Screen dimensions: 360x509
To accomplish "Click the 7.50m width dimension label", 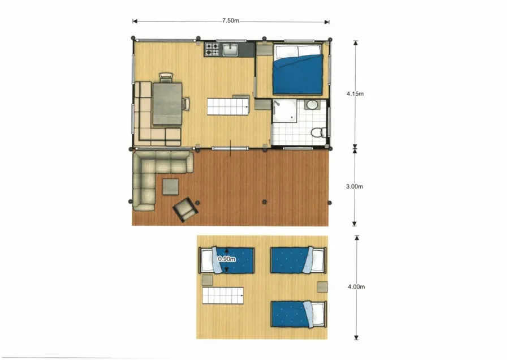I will (231, 21).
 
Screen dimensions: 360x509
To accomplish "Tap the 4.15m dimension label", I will (356, 93).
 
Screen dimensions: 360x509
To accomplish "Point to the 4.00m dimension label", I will (356, 286).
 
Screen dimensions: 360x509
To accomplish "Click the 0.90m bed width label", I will (226, 260).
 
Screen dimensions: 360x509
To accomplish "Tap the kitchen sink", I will (230, 50).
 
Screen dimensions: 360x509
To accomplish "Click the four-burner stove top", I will (212, 49).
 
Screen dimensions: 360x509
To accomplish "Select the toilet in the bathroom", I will (318, 132).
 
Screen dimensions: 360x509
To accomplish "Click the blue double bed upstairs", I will (298, 72).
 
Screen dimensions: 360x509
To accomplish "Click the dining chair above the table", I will (165, 77).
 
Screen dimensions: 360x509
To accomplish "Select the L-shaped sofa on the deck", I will (153, 173).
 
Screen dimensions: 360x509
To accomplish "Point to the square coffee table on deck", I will (170, 186).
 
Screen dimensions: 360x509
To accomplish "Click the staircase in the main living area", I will (228, 106).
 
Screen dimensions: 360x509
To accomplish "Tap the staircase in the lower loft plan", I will (223, 295).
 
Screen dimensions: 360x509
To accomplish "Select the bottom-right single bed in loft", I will (298, 314).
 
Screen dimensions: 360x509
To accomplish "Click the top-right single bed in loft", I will (298, 259).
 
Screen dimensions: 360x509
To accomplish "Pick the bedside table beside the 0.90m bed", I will (207, 280).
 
